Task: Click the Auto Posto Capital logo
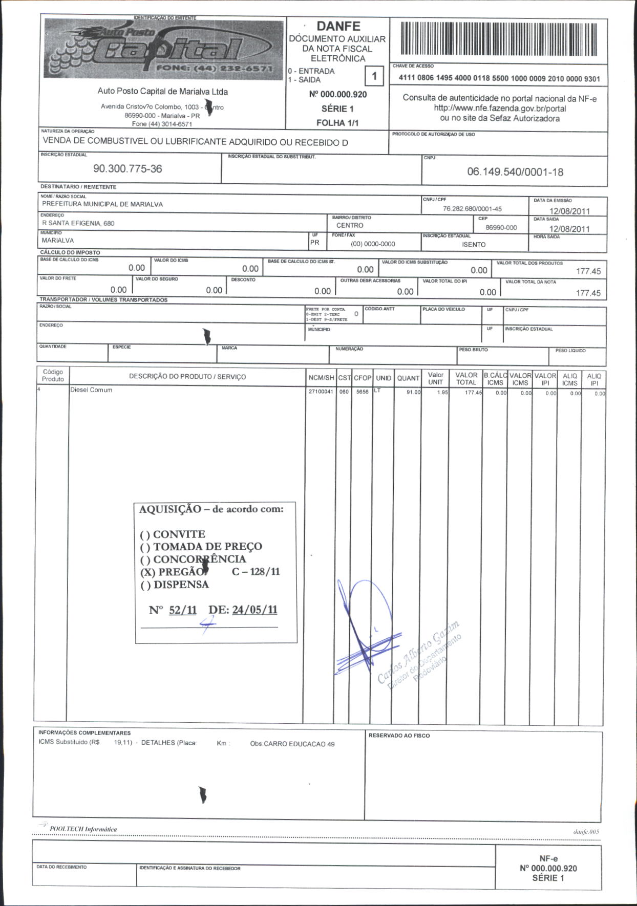tap(163, 49)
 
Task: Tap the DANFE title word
tap(338, 26)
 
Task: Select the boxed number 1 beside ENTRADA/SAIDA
tap(374, 76)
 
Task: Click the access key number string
tap(499, 79)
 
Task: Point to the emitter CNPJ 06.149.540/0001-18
tap(515, 172)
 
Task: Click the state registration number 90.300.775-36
tap(128, 169)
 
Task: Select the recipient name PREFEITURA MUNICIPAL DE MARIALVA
tap(102, 204)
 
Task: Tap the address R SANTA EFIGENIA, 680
tap(78, 223)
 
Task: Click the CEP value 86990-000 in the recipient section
tap(501, 228)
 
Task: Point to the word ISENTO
tap(474, 245)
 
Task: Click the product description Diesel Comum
tap(91, 390)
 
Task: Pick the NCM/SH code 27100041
tap(321, 392)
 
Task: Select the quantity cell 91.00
tap(413, 392)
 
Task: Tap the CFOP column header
tap(363, 378)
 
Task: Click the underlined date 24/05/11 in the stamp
tap(254, 610)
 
